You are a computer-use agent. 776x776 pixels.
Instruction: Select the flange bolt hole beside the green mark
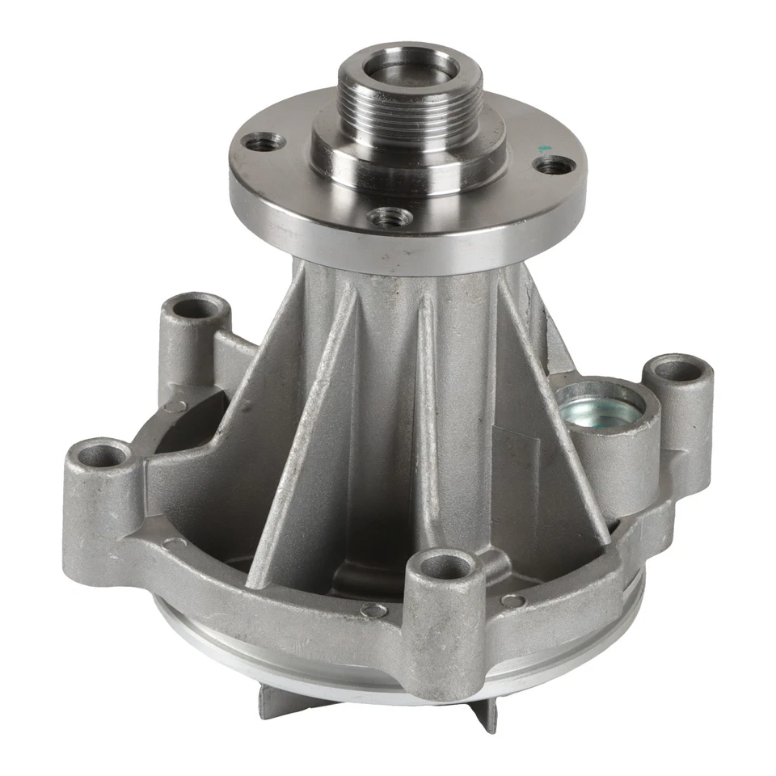tap(555, 165)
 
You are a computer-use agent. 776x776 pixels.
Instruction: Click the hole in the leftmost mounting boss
tap(103, 456)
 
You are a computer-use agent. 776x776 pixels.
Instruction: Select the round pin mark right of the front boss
tap(513, 601)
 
